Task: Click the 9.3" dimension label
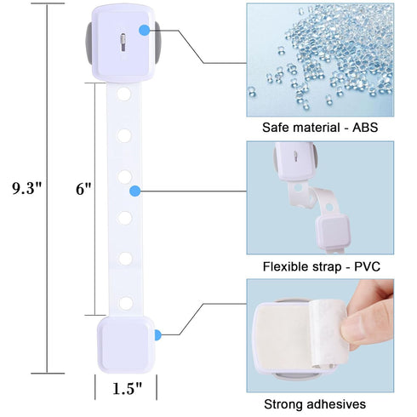(x=27, y=188)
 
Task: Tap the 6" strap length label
(x=83, y=189)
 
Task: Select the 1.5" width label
(x=127, y=388)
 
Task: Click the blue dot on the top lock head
(x=145, y=30)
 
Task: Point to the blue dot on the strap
(x=135, y=191)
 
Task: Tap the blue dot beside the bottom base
(x=157, y=335)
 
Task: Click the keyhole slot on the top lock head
(x=123, y=43)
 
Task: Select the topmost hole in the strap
(x=124, y=94)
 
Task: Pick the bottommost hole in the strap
(x=126, y=303)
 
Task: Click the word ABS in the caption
(x=365, y=128)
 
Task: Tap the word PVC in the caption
(x=367, y=266)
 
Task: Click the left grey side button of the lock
(x=89, y=43)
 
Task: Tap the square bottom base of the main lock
(x=126, y=345)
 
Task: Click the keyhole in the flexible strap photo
(x=295, y=157)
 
